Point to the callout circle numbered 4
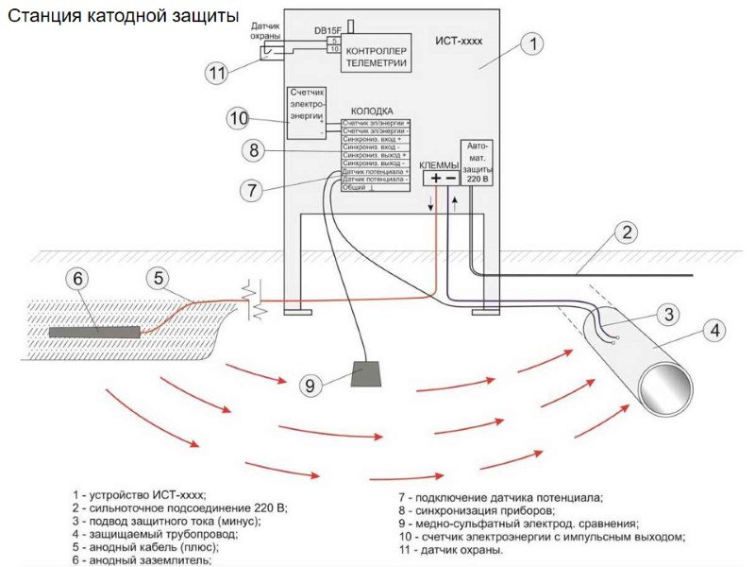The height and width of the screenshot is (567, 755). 716,331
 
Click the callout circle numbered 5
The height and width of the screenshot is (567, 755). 160,278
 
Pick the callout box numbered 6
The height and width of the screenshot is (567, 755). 79,278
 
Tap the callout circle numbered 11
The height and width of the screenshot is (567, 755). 218,72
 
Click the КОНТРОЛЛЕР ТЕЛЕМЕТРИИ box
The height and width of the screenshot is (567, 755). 377,57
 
